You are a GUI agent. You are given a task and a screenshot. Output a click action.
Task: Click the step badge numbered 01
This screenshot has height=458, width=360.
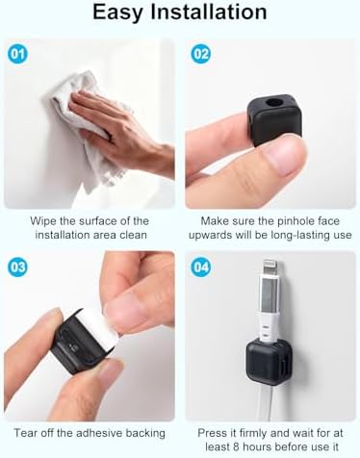pos(17,54)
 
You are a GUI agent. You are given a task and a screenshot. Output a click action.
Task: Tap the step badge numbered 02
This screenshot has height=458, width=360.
pos(201,54)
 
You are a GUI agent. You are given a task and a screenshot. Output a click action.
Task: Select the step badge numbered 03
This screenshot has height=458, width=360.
pos(17,267)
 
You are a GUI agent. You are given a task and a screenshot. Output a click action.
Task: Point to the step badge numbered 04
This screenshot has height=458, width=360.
pos(201,267)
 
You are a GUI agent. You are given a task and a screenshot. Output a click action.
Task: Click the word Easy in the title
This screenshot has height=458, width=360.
pos(117,13)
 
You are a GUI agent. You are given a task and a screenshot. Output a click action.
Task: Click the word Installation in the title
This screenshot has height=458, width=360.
pos(209,12)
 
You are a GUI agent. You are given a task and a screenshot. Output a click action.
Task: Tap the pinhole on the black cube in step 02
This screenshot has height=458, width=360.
pos(272,103)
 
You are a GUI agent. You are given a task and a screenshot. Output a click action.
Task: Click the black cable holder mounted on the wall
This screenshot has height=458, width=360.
pos(269,358)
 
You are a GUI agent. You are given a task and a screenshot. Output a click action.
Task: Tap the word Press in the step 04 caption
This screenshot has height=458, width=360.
pos(212,433)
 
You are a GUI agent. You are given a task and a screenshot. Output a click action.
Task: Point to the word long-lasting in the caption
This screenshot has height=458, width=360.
pos(300,236)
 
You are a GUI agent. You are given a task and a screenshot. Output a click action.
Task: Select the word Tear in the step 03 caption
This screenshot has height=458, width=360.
pos(24,433)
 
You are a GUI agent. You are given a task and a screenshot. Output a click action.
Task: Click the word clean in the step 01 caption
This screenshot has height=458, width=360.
pos(133,235)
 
